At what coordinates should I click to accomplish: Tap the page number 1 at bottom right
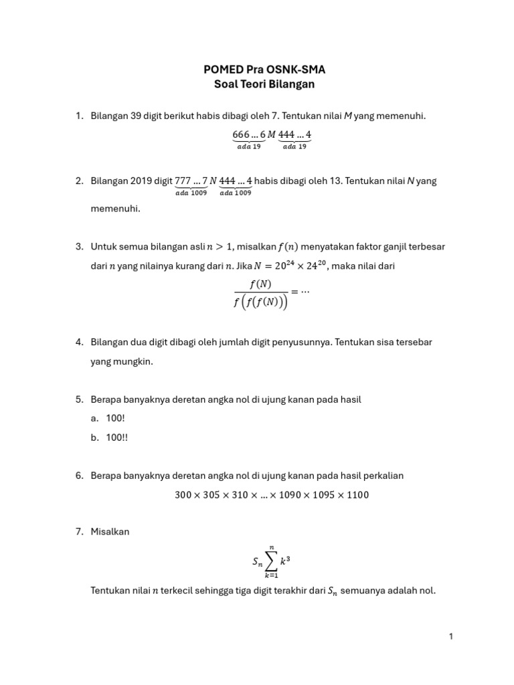click(x=451, y=636)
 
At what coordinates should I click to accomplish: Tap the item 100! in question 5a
click(x=116, y=418)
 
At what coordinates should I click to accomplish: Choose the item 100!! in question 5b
click(x=117, y=437)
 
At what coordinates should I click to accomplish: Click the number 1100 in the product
click(x=357, y=495)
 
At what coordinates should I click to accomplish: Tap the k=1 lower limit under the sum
click(x=272, y=577)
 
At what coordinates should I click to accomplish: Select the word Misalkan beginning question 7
click(x=110, y=531)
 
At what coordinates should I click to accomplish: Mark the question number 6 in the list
click(x=78, y=475)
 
